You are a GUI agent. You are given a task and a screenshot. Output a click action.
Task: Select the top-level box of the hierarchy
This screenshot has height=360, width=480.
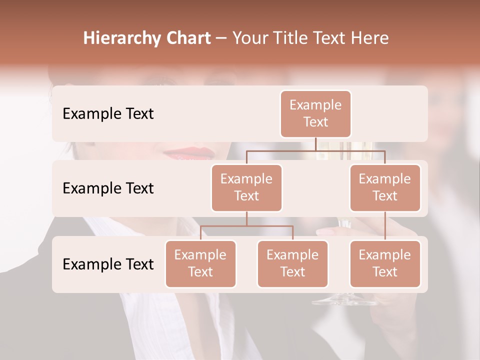[315, 113]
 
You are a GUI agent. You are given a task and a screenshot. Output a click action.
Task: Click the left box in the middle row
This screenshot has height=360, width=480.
[246, 187]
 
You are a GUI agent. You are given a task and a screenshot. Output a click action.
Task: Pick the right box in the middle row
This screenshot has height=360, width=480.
[385, 187]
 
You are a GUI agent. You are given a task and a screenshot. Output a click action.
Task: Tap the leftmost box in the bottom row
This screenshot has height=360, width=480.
[200, 263]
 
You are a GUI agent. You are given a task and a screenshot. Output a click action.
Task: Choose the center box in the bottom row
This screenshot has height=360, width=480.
[292, 263]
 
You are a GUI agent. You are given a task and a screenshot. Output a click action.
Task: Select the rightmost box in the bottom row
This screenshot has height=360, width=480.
[385, 263]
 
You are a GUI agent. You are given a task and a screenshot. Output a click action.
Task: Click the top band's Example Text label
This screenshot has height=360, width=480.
[108, 114]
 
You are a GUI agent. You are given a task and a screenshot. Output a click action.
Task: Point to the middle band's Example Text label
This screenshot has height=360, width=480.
[108, 188]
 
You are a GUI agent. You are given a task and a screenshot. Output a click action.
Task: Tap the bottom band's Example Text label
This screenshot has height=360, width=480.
[108, 264]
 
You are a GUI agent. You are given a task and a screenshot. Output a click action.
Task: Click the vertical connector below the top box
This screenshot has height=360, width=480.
[315, 144]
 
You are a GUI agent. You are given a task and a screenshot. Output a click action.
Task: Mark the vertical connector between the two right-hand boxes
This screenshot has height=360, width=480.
[385, 226]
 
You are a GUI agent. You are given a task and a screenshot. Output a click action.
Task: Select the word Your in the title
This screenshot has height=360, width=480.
[250, 38]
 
